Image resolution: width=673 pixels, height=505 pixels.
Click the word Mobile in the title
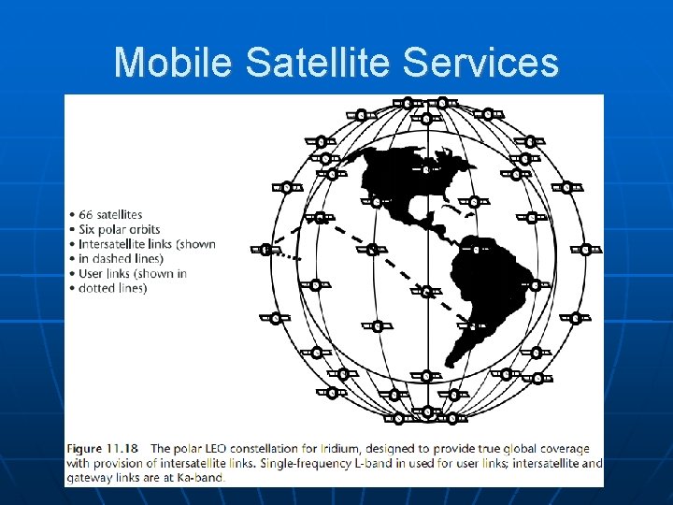point(174,63)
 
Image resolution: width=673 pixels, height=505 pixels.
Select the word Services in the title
point(494,63)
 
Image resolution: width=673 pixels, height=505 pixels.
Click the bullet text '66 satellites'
point(110,214)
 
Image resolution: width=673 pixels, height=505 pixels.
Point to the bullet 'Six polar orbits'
point(119,229)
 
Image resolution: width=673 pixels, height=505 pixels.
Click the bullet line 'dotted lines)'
point(113,289)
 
